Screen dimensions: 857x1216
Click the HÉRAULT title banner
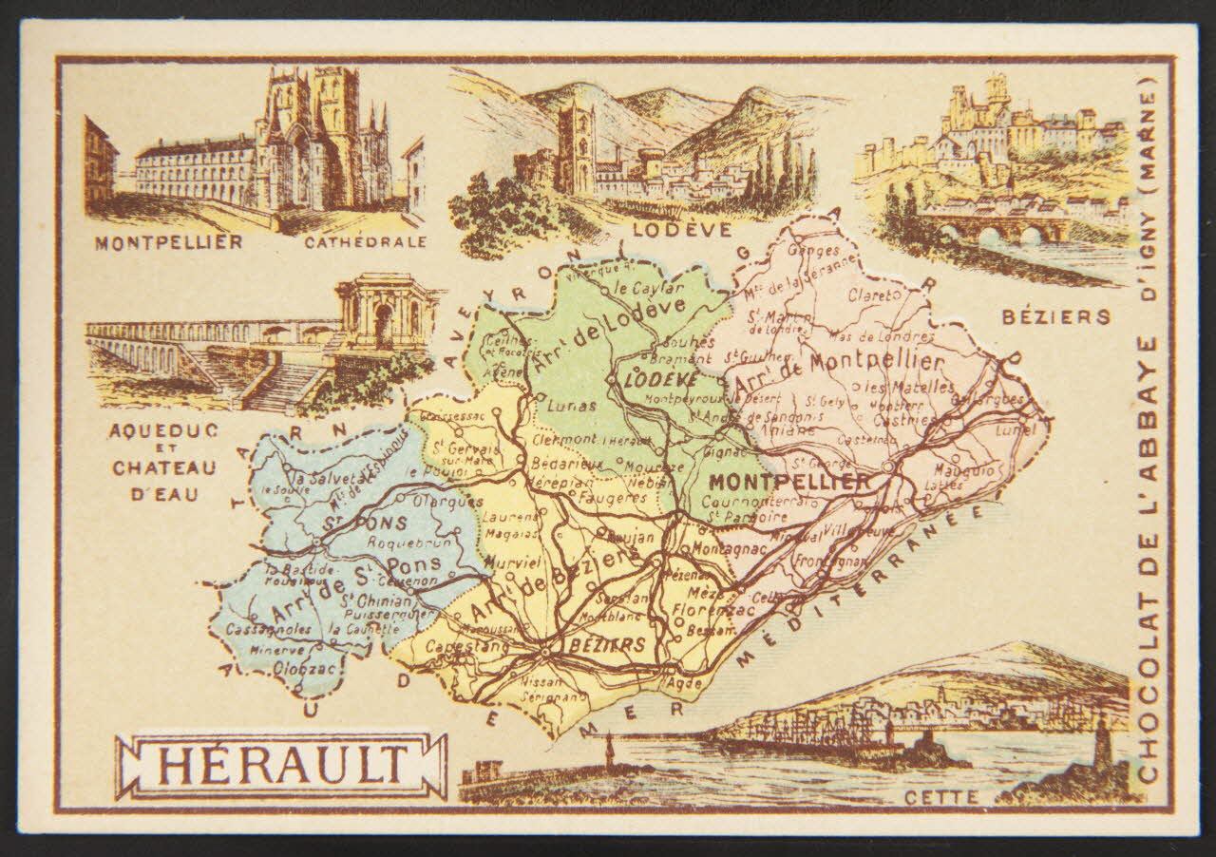tap(281, 765)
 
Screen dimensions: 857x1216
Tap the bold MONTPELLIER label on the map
tap(788, 481)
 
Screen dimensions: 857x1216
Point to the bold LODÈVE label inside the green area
tap(651, 378)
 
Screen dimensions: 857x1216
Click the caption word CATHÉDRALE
tap(365, 242)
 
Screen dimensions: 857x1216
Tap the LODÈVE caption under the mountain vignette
tap(693, 229)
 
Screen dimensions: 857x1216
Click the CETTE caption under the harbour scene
tap(940, 797)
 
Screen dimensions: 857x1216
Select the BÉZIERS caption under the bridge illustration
tap(1055, 316)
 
